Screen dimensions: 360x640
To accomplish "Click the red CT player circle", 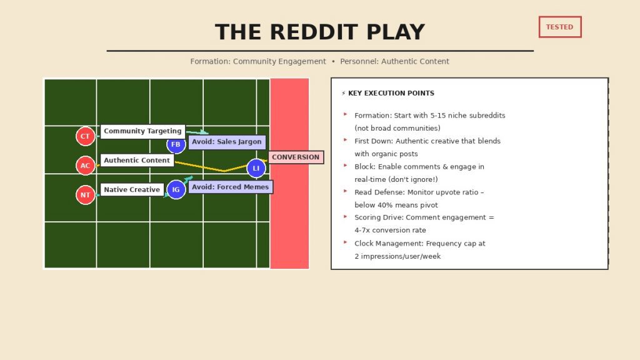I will point(85,136).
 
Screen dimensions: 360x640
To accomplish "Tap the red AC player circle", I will point(85,166).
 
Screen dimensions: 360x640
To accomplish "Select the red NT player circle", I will point(85,195).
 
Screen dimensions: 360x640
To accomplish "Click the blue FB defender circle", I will point(176,145).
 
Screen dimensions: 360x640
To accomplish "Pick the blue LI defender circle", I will point(256,168).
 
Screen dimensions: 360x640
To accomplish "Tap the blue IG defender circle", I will point(176,189).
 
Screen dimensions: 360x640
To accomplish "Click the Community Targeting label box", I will point(142,131).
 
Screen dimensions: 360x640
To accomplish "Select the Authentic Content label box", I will point(137,160).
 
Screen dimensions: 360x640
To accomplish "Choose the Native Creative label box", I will point(132,189).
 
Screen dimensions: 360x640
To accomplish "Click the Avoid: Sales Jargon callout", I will point(227,142).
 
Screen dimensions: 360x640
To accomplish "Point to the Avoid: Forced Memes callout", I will point(230,187).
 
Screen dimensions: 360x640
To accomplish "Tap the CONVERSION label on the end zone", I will point(296,157).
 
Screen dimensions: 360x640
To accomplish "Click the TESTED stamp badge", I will point(559,27).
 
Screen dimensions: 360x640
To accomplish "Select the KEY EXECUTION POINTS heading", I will point(391,93).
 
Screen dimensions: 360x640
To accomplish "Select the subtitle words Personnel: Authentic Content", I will point(394,61).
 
